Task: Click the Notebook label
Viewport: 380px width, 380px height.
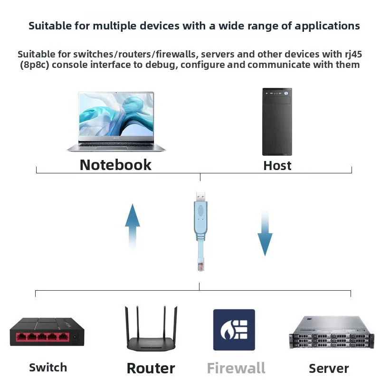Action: point(115,165)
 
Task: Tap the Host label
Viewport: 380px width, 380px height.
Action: point(277,166)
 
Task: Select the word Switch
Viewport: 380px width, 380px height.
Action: point(48,367)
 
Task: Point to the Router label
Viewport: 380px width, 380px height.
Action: point(151,369)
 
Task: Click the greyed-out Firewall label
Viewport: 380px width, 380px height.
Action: point(236,369)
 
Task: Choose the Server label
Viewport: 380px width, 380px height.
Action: point(329,369)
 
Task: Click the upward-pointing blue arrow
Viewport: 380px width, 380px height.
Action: point(133,227)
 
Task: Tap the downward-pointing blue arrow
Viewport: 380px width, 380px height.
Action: point(265,233)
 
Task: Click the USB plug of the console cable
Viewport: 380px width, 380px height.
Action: point(200,197)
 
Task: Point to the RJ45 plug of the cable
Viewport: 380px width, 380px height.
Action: point(200,265)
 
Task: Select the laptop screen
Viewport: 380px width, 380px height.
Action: point(116,114)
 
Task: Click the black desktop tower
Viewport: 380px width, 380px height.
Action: point(277,122)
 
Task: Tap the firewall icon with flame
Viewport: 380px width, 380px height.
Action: point(234,330)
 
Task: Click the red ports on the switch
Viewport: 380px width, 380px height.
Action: point(42,337)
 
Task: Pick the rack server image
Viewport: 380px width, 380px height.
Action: point(332,332)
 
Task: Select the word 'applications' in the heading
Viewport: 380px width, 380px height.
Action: point(327,26)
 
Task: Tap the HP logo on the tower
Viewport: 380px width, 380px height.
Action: point(286,93)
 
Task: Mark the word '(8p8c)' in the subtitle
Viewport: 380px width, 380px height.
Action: point(35,65)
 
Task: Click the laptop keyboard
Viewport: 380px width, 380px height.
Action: point(116,145)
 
